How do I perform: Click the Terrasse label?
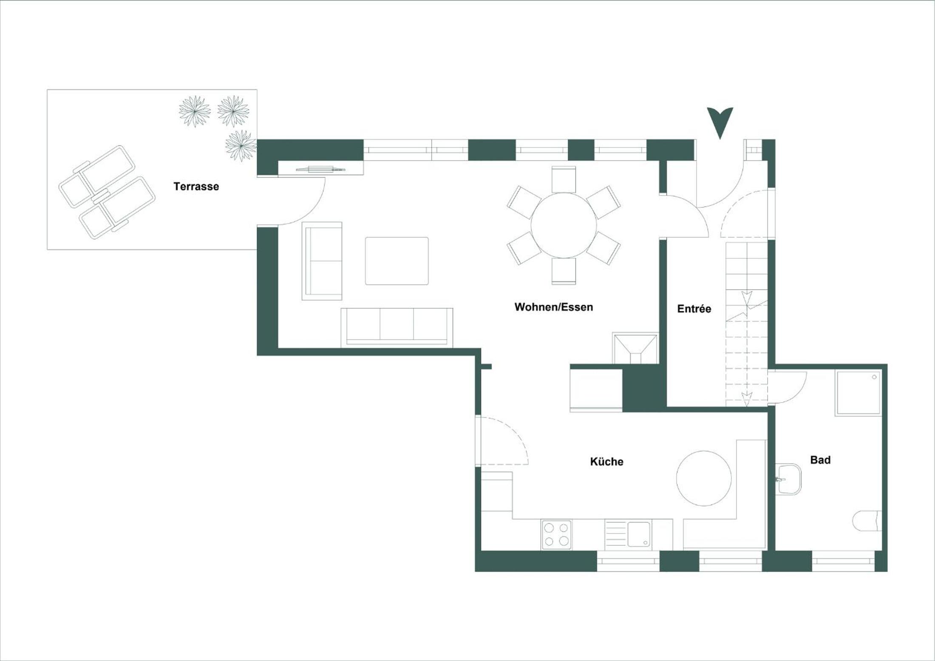pyautogui.click(x=196, y=186)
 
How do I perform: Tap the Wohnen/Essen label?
pyautogui.click(x=554, y=307)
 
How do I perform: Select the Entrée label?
pyautogui.click(x=694, y=309)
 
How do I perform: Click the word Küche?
pyautogui.click(x=607, y=462)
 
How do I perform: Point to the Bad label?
pyautogui.click(x=820, y=460)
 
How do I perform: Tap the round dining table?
pyautogui.click(x=564, y=225)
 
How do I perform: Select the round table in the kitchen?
pyautogui.click(x=704, y=478)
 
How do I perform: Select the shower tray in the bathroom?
pyautogui.click(x=858, y=392)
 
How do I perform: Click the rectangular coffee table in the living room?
pyautogui.click(x=397, y=261)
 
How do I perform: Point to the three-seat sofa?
pyautogui.click(x=397, y=327)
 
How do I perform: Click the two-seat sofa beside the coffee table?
pyautogui.click(x=322, y=261)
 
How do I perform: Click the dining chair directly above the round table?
pyautogui.click(x=564, y=179)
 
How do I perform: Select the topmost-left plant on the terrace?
pyautogui.click(x=195, y=111)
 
